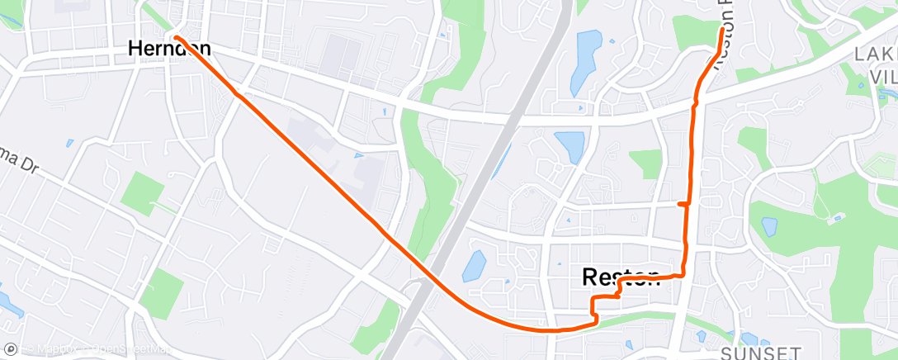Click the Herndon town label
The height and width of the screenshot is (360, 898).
tap(169, 49)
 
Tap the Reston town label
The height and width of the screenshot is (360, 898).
tap(621, 277)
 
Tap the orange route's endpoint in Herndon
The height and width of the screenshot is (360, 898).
tap(177, 36)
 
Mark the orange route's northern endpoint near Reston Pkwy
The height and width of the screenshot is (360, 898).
tap(722, 30)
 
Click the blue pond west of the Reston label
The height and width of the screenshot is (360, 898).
tap(474, 266)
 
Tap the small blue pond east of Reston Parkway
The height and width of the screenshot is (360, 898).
tap(769, 226)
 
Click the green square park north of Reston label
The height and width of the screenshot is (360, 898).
tap(645, 163)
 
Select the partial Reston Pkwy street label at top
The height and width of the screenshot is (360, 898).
tap(721, 41)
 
